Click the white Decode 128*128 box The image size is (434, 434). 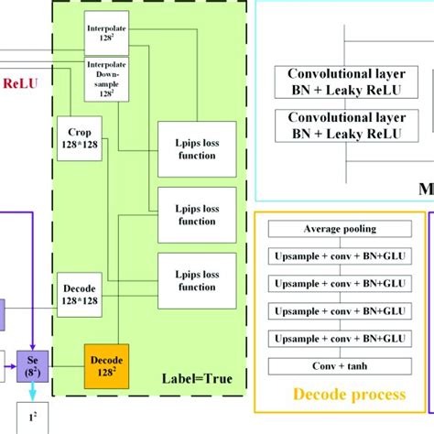coord(80,291)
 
